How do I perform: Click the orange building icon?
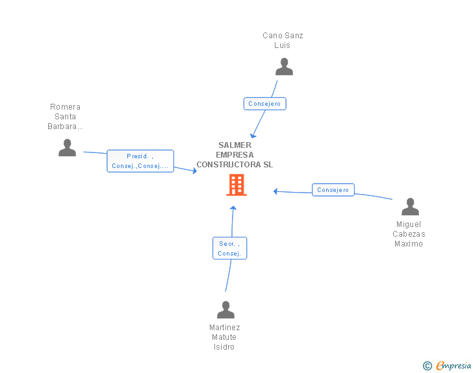coord(236,185)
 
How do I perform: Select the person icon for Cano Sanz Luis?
coord(284,67)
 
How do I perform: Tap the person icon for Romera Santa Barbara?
coord(67,148)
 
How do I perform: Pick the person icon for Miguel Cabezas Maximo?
coord(410,207)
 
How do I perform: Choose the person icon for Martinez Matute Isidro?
coord(225,309)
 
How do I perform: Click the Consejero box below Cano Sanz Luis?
coord(265,104)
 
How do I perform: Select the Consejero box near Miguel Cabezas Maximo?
coord(333,190)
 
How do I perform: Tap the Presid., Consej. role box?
coord(140,161)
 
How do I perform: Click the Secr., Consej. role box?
coord(229,248)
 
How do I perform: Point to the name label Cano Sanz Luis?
coord(283,40)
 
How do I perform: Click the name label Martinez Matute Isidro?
coord(224,337)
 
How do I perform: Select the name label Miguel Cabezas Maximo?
coord(409,234)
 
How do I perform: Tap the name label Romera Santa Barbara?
coord(65,117)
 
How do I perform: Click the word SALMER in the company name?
coord(235,145)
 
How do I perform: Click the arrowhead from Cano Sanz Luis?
coord(253,136)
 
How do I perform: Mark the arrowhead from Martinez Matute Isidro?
coord(233,208)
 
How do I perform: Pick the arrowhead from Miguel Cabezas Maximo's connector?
coord(275,191)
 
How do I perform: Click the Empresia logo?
coord(454,365)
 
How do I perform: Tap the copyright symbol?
coord(428,366)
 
